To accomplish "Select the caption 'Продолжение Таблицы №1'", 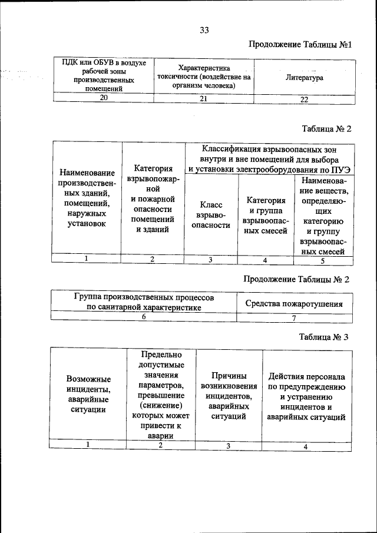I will (300, 45).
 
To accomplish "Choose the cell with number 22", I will (304, 99).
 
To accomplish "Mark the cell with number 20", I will (103, 98).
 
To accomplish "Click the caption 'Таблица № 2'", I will (326, 128).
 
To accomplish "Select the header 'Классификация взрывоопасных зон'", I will (270, 159).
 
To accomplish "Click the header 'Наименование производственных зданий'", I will (87, 198).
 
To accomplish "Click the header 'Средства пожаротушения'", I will (294, 304).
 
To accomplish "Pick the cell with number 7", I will (294, 318).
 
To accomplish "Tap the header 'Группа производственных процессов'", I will (144, 302).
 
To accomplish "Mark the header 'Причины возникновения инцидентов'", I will (228, 396).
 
